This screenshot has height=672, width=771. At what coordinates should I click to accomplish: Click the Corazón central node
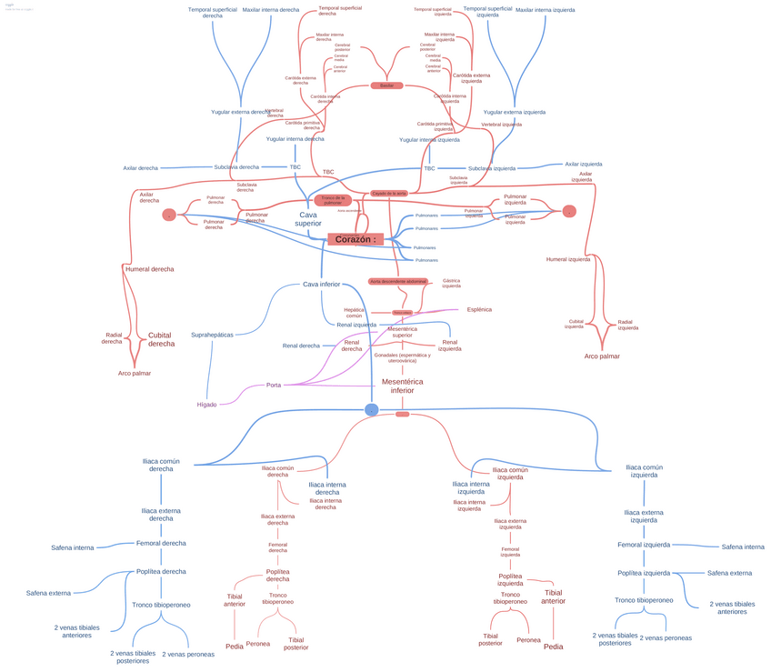(354, 239)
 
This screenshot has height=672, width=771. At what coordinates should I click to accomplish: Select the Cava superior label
(307, 219)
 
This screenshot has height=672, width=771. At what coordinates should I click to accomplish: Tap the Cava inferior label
(321, 285)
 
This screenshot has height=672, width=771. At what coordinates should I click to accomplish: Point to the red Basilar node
(386, 85)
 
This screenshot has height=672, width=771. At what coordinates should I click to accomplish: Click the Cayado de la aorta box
(389, 194)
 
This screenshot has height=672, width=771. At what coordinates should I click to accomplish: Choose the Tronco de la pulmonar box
(334, 199)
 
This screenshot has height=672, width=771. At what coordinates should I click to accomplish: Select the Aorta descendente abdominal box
(397, 282)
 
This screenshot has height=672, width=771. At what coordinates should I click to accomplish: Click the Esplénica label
(479, 309)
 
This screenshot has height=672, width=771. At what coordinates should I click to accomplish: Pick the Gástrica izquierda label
(451, 283)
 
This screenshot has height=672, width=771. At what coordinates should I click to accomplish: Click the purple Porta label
(273, 385)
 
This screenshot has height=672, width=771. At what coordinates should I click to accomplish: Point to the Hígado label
(207, 404)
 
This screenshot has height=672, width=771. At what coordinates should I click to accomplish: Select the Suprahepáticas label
(212, 335)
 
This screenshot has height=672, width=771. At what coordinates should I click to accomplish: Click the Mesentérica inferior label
(402, 386)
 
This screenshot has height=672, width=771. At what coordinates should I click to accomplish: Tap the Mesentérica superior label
(402, 331)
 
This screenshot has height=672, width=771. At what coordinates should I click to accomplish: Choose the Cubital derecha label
(161, 339)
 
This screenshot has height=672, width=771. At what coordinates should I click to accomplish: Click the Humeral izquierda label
(568, 259)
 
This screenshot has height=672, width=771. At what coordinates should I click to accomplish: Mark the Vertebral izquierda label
(502, 125)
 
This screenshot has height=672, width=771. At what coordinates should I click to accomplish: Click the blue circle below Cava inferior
(371, 410)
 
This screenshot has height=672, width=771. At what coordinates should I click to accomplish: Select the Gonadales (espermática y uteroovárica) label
(402, 357)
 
